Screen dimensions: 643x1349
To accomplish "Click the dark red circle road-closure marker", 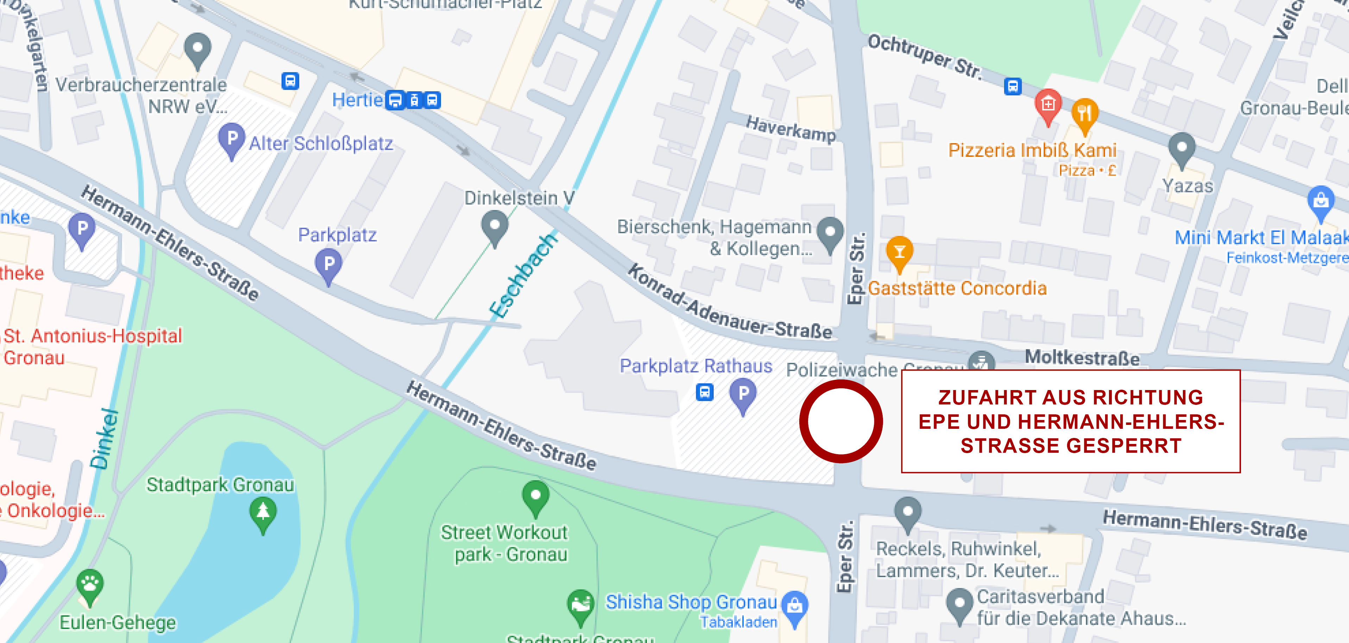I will pos(840,421).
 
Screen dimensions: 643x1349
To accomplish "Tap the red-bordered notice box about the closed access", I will pos(1070,421).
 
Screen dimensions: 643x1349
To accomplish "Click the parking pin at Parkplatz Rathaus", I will pos(743,396).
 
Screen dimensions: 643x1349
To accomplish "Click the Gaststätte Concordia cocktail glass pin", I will pos(899,253).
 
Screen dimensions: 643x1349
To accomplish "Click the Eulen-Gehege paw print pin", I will pos(90,585).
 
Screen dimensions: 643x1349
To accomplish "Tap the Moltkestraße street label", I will pos(1082,358).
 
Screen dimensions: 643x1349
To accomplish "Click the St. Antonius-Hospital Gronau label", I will pos(93,346).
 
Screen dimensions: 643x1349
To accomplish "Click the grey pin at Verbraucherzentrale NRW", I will pos(197,50).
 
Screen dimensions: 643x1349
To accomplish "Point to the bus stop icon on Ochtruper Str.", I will pos(1012,86).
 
